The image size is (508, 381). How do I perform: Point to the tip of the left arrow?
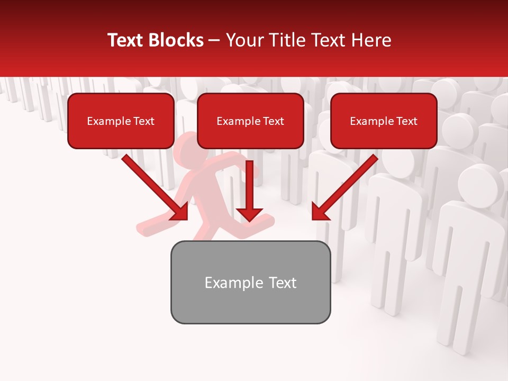click(x=186, y=218)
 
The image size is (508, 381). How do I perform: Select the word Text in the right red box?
click(x=406, y=121)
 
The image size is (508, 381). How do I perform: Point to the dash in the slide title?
click(x=215, y=40)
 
